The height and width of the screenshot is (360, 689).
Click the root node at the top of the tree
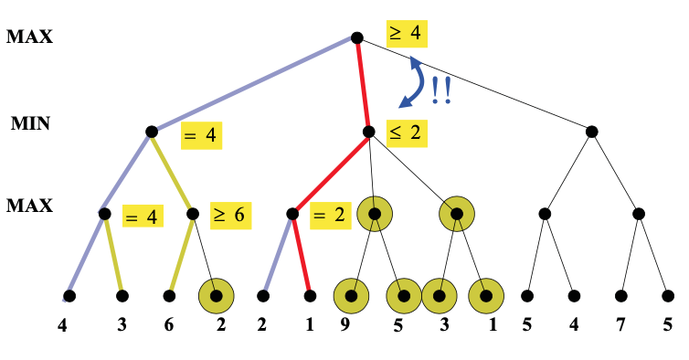(356, 37)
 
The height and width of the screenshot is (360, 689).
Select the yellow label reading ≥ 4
(405, 34)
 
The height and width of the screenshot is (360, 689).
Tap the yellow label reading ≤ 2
(405, 132)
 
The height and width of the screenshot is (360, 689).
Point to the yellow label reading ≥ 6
(229, 216)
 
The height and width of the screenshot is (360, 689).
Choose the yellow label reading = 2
(328, 216)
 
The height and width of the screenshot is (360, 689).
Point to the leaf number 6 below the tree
(169, 323)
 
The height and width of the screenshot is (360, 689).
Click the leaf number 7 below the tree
(621, 323)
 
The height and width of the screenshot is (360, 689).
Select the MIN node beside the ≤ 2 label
(368, 132)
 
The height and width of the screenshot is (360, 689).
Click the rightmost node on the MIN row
(591, 132)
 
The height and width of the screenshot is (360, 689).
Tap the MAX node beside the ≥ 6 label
(194, 215)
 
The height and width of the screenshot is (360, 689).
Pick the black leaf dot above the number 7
(621, 296)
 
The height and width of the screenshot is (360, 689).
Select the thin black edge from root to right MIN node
(475, 85)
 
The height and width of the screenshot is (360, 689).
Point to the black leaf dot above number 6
(169, 296)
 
